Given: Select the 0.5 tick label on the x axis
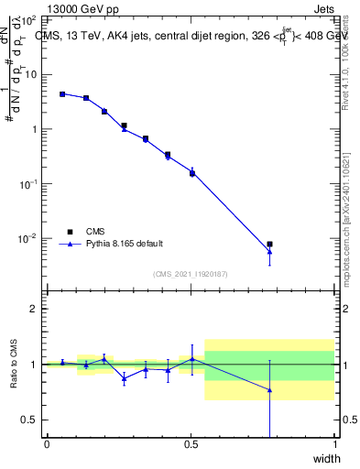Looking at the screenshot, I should point(191,444).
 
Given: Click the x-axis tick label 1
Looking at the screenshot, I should point(334,444).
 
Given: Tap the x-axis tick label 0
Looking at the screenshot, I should point(47,444).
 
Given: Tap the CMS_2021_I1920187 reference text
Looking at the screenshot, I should point(191,274).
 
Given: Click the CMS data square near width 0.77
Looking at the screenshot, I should point(269,245).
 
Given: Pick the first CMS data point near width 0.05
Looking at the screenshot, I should point(62,93).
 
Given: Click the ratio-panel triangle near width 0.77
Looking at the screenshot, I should point(269,390).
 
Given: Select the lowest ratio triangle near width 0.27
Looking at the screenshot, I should point(125,377).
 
